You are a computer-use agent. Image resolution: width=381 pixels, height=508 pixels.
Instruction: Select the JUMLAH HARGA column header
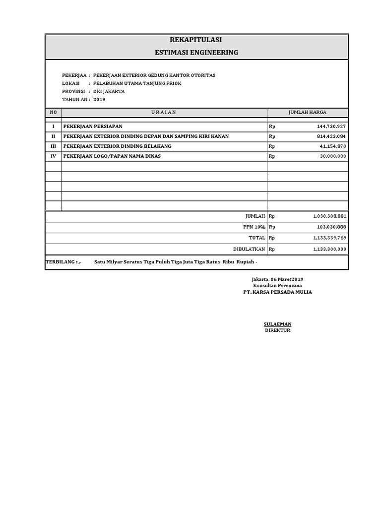[308, 113]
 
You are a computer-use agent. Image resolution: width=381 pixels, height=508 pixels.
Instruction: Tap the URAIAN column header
[164, 113]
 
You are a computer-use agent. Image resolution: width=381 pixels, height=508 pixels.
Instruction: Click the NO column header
[53, 113]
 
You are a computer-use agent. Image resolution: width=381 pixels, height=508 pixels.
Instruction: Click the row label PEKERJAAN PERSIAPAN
[92, 127]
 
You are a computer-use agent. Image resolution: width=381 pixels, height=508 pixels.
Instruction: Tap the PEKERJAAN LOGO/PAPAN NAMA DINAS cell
[112, 156]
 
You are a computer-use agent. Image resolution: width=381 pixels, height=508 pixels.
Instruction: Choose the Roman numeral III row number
[53, 146]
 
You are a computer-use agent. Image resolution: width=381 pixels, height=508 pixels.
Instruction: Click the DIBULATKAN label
[250, 249]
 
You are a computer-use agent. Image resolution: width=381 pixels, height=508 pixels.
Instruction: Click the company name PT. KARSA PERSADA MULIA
[277, 292]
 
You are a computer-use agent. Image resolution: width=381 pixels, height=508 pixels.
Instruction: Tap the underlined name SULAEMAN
[277, 324]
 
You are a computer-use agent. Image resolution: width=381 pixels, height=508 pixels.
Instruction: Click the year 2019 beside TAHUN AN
[100, 99]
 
